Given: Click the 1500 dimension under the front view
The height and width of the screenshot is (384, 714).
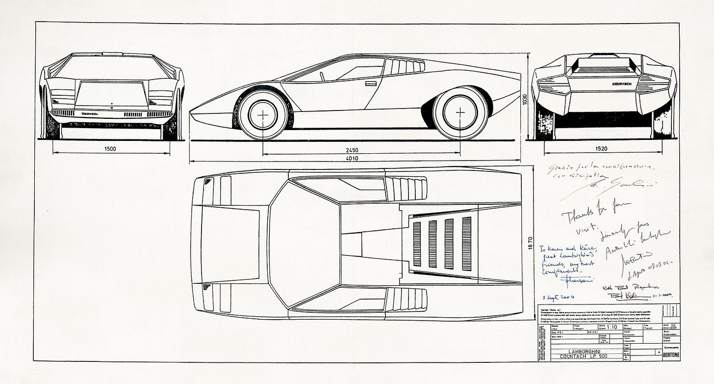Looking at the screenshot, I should click(x=111, y=149).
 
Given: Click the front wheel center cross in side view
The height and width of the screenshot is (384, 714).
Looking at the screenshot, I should click(x=263, y=114).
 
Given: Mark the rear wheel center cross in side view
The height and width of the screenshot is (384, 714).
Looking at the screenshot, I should click(x=460, y=112).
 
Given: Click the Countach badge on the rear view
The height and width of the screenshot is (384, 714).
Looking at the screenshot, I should click(x=622, y=84).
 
